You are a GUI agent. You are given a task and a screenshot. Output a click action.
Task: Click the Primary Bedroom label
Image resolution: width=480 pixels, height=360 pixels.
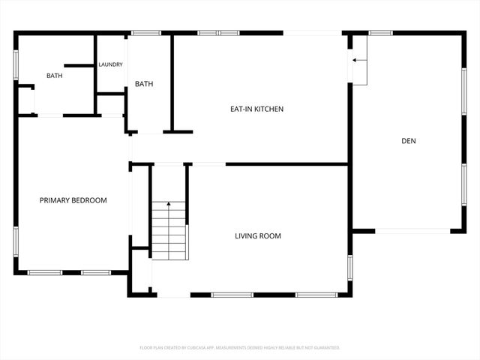click(x=73, y=200)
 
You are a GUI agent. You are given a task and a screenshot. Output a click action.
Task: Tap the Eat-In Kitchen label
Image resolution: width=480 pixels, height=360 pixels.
click(x=256, y=109)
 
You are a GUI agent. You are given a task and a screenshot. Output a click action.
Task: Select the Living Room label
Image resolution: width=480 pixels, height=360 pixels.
click(x=258, y=235)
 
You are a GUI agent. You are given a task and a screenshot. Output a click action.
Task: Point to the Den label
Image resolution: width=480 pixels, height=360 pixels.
click(x=409, y=140)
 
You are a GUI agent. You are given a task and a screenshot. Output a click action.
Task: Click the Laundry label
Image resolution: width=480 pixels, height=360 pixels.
click(x=110, y=64)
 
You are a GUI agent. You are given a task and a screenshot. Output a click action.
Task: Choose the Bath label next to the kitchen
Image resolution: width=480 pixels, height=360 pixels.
click(x=144, y=84)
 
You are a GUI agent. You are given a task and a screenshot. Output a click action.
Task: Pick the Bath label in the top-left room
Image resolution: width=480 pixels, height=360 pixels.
click(x=55, y=76)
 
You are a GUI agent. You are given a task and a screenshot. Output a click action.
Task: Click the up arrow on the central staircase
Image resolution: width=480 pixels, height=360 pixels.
click(x=169, y=204)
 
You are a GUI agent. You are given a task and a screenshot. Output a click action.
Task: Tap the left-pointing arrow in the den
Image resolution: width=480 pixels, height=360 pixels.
click(x=358, y=59)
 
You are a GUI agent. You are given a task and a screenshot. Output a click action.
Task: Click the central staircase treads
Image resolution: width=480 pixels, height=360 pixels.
click(x=169, y=232)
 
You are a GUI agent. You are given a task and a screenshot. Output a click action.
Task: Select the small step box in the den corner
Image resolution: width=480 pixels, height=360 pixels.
click(x=359, y=69)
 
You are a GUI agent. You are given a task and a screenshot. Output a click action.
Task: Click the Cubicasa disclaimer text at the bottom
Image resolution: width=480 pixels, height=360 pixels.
click(x=240, y=348)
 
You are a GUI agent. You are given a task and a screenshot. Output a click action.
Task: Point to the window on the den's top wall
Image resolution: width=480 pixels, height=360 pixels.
click(x=380, y=33)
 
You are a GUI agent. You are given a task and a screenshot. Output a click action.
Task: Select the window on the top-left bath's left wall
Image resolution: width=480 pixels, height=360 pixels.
click(x=16, y=64)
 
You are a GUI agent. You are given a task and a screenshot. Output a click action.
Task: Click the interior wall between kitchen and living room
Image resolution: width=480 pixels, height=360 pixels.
click(x=286, y=163)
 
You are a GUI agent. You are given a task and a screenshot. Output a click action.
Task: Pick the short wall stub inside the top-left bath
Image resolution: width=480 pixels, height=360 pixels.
click(x=78, y=65)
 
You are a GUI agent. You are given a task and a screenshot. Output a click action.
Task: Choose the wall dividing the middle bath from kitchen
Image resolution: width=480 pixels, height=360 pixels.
click(x=172, y=82)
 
